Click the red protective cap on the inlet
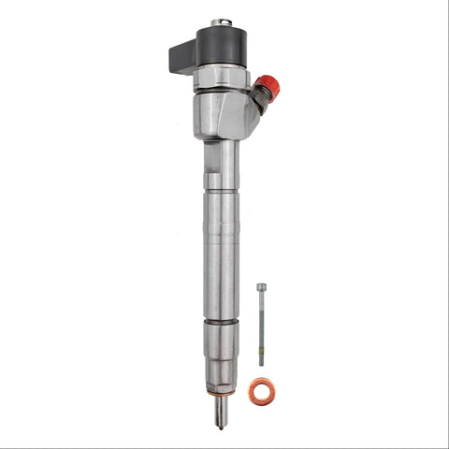click(268, 87)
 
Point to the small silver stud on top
click(222, 22)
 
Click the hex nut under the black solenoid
click(223, 76)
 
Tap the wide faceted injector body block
click(221, 112)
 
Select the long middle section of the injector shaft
click(221, 253)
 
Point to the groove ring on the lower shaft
click(221, 322)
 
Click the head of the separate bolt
click(261, 287)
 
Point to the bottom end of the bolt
click(261, 363)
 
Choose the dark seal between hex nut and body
click(223, 90)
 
